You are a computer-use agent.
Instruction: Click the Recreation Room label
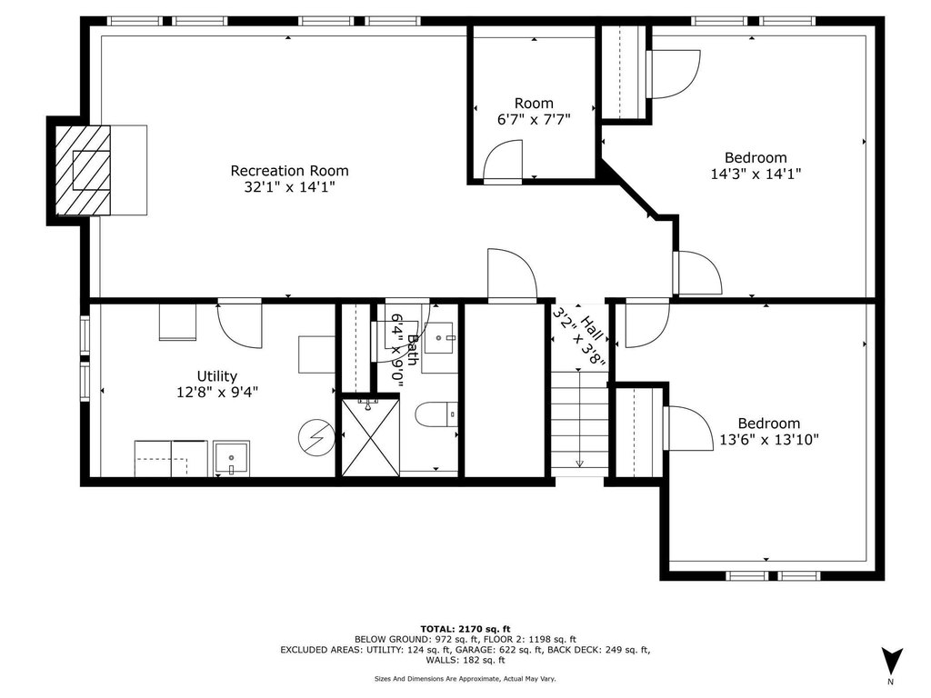click(x=289, y=171)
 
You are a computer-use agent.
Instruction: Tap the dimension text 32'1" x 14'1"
click(x=289, y=188)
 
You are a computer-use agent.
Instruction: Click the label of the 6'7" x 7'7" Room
click(x=533, y=104)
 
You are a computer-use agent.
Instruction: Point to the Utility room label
click(x=217, y=376)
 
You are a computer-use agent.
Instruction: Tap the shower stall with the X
click(x=369, y=437)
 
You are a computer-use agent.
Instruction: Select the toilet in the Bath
click(x=435, y=415)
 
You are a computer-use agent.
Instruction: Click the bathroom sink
click(x=442, y=340)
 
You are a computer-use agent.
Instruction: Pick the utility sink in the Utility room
click(x=230, y=458)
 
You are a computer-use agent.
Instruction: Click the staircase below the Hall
click(x=579, y=423)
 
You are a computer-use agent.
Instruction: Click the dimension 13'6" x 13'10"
click(x=769, y=440)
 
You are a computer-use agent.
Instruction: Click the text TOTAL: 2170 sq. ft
click(x=465, y=629)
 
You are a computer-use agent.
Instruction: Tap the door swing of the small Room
click(x=503, y=161)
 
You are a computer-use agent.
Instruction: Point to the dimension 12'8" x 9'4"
click(x=217, y=393)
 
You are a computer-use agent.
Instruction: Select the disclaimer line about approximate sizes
click(x=465, y=678)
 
